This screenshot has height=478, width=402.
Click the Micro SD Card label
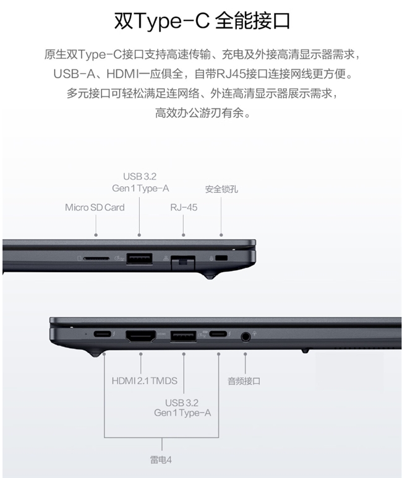(x=95, y=208)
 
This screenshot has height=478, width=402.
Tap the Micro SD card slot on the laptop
(x=96, y=259)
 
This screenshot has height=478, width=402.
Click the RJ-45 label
(x=184, y=208)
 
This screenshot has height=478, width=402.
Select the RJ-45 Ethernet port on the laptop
(x=183, y=262)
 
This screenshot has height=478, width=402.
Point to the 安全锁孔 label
(x=221, y=189)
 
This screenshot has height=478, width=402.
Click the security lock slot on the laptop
(x=221, y=258)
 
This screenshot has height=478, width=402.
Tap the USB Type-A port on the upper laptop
(x=139, y=258)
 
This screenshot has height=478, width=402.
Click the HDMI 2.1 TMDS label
(x=145, y=381)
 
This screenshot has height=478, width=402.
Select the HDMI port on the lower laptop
(x=140, y=336)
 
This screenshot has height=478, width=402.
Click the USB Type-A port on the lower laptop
(x=183, y=336)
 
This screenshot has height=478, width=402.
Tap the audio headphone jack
(x=246, y=337)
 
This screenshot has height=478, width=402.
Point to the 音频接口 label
(x=244, y=381)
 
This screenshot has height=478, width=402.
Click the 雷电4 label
(x=161, y=459)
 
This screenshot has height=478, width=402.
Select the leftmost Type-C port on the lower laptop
(x=103, y=334)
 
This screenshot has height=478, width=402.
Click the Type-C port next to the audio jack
(x=218, y=334)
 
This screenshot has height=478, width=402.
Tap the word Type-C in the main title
(x=171, y=21)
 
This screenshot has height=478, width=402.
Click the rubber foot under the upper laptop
(x=210, y=276)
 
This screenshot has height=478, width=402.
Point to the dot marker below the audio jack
(x=246, y=354)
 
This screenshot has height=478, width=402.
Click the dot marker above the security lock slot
(x=221, y=235)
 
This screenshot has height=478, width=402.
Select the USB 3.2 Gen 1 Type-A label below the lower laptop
(x=182, y=408)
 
